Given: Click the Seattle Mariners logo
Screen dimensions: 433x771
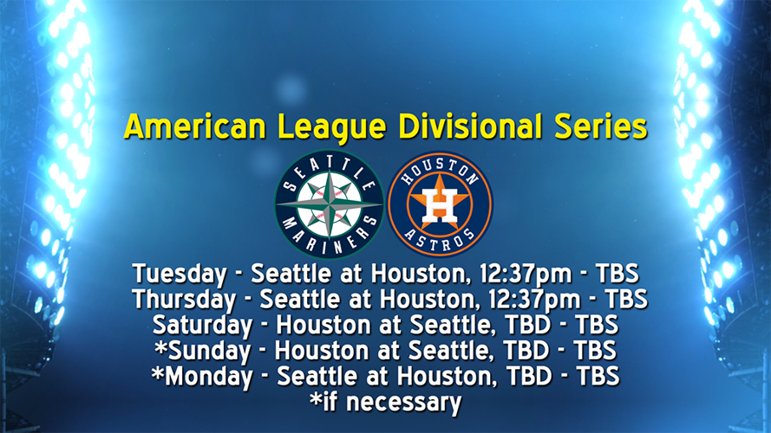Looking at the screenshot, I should pyautogui.click(x=329, y=204).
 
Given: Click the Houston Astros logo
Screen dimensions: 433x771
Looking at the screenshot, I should pyautogui.click(x=440, y=204).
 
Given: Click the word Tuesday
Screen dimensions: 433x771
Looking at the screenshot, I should pyautogui.click(x=179, y=275).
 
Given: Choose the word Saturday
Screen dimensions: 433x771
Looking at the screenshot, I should pyautogui.click(x=199, y=326).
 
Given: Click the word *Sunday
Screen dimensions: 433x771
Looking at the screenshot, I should pyautogui.click(x=206, y=351).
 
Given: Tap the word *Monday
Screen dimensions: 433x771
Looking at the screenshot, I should pyautogui.click(x=200, y=377).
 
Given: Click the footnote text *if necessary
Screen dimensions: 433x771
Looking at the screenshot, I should pyautogui.click(x=385, y=402).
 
